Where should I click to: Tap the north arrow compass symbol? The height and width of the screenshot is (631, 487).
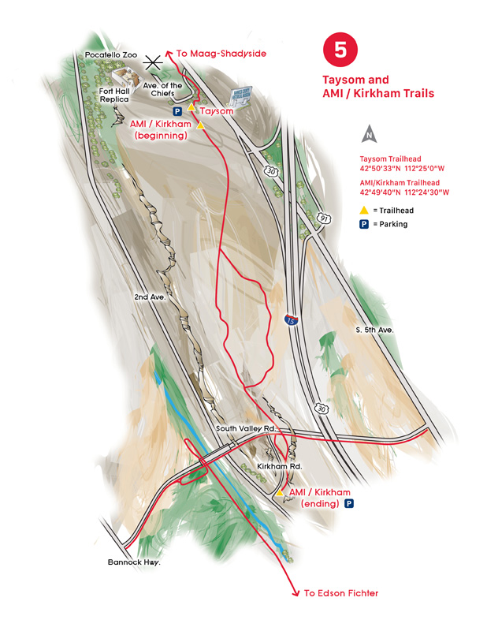pyautogui.click(x=366, y=133)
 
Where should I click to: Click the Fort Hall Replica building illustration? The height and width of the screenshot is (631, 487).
pyautogui.click(x=125, y=77)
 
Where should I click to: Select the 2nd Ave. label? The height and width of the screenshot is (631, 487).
pyautogui.click(x=149, y=297)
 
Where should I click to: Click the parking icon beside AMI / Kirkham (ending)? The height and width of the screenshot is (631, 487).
pyautogui.click(x=348, y=503)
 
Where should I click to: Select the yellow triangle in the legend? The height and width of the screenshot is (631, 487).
pyautogui.click(x=363, y=210)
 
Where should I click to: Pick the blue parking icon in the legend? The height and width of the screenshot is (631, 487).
pyautogui.click(x=363, y=224)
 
